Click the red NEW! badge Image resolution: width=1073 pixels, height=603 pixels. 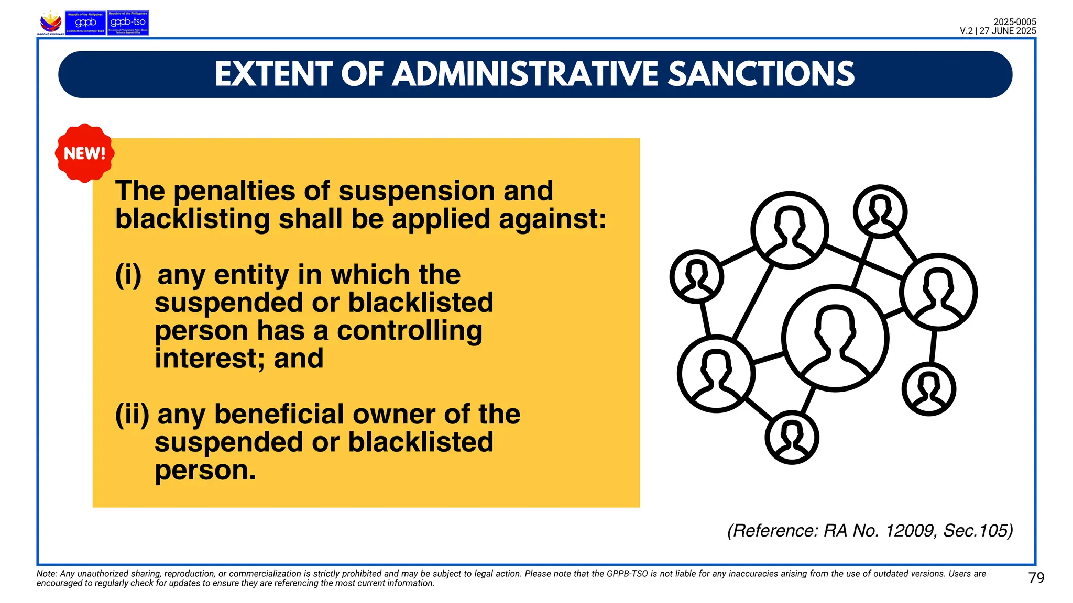click(84, 153)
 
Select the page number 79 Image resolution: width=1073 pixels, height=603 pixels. click(1036, 578)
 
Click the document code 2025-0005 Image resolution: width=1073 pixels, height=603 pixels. click(1014, 22)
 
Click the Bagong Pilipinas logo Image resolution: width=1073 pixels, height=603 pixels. click(51, 23)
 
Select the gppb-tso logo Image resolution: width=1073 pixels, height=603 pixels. click(128, 23)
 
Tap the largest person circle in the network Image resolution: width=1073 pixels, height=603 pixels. click(835, 338)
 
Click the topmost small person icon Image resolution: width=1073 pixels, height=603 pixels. click(880, 211)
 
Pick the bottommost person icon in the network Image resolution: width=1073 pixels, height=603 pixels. click(792, 437)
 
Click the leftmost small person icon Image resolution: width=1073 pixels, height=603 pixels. click(697, 276)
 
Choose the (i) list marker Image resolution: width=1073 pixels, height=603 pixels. click(128, 275)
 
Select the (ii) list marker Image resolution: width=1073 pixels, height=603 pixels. click(132, 415)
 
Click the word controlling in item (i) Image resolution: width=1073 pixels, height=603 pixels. click(409, 331)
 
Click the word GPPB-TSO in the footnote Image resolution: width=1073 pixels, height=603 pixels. click(627, 574)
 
